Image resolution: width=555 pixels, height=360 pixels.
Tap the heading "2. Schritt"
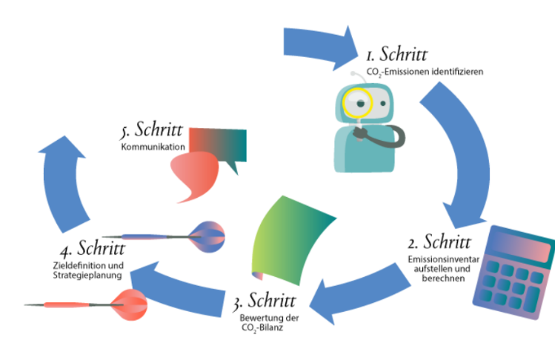point(439,243)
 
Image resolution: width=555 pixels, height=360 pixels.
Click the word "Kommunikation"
point(152,147)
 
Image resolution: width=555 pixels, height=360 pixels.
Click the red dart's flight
point(129,302)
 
